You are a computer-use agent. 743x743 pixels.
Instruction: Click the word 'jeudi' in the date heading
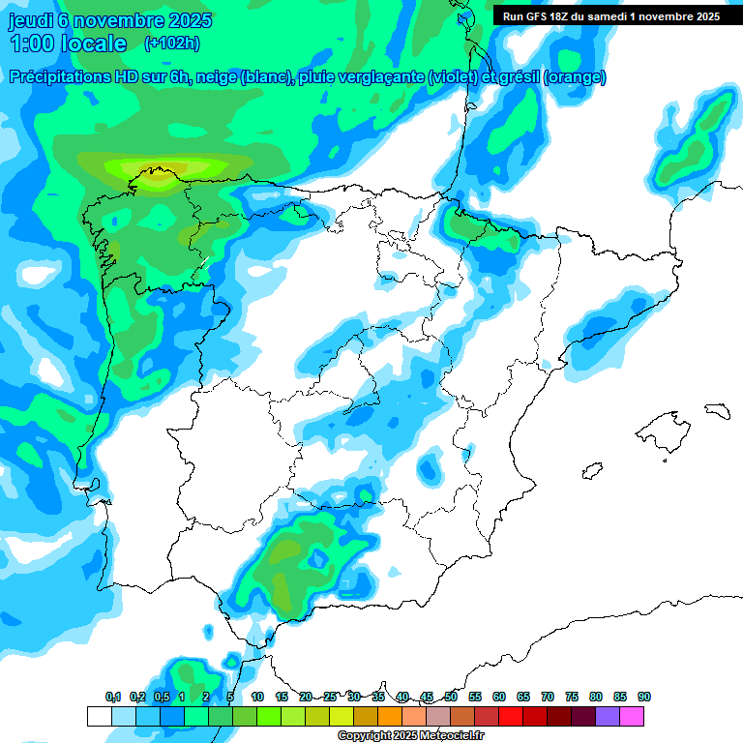click(30, 20)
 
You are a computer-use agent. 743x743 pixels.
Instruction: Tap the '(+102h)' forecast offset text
click(171, 43)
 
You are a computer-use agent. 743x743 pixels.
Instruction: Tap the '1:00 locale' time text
click(68, 44)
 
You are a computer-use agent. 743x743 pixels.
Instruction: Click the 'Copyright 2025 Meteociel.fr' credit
click(410, 736)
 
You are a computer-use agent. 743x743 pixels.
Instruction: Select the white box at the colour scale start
click(99, 717)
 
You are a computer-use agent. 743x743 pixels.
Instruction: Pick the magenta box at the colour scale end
click(632, 717)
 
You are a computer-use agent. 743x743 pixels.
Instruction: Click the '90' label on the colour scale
click(644, 697)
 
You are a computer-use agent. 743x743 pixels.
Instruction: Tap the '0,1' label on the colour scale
click(113, 697)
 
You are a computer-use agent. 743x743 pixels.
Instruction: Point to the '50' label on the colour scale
click(451, 697)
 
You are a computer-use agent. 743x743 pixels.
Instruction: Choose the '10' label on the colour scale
click(257, 697)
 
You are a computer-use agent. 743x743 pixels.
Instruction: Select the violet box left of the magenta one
click(608, 717)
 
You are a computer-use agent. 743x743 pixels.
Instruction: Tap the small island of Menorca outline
click(717, 410)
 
